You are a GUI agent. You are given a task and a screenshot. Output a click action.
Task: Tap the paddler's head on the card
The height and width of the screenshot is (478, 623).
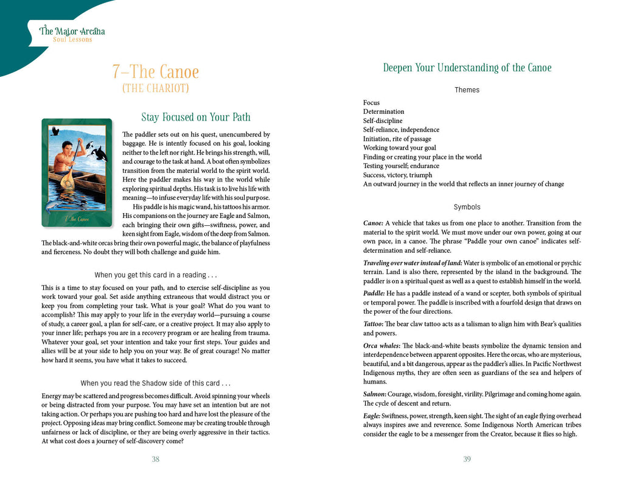pyautogui.click(x=68, y=147)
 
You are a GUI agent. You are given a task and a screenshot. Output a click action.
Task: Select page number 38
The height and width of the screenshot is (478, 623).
pyautogui.click(x=156, y=459)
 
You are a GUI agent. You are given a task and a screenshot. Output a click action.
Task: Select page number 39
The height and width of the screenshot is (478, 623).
pyautogui.click(x=467, y=459)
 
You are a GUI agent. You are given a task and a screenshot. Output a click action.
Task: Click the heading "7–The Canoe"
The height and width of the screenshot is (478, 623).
pyautogui.click(x=156, y=72)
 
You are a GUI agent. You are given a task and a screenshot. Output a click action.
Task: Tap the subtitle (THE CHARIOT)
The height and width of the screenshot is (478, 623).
pyautogui.click(x=156, y=89)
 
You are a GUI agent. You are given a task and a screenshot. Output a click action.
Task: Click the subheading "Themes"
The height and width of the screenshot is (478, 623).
pyautogui.click(x=467, y=90)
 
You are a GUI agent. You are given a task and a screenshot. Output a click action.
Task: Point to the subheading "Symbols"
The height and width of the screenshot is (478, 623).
pyautogui.click(x=467, y=207)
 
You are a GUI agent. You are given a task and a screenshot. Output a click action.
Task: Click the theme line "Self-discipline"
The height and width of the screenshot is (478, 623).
pyautogui.click(x=383, y=121)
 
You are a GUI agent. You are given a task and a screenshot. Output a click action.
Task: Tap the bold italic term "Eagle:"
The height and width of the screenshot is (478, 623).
pyautogui.click(x=373, y=415)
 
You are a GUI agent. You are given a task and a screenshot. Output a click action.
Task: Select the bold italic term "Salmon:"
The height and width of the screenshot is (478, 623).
pyautogui.click(x=374, y=394)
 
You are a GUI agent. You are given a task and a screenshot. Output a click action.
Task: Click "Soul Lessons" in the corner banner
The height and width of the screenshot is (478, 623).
pyautogui.click(x=72, y=40)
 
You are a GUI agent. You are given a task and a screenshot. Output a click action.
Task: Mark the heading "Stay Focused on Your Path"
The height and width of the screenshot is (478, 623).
pyautogui.click(x=196, y=118)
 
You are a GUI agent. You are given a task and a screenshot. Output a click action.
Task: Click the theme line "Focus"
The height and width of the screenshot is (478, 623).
pyautogui.click(x=371, y=103)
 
